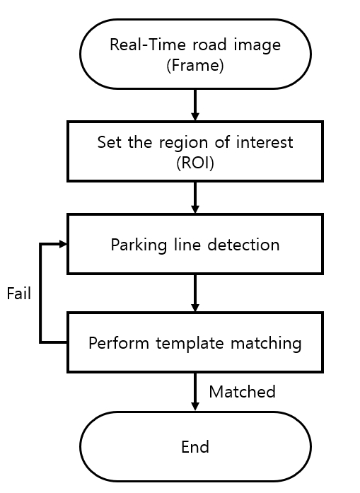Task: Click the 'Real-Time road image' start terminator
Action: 194,54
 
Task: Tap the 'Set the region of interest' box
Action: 194,151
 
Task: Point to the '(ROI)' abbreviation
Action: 194,162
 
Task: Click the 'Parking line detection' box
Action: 194,245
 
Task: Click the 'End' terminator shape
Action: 194,447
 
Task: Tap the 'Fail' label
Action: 18,294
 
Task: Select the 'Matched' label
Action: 242,392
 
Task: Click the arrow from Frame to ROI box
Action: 194,105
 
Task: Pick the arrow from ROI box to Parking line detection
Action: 194,198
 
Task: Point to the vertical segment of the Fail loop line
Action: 41,294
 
